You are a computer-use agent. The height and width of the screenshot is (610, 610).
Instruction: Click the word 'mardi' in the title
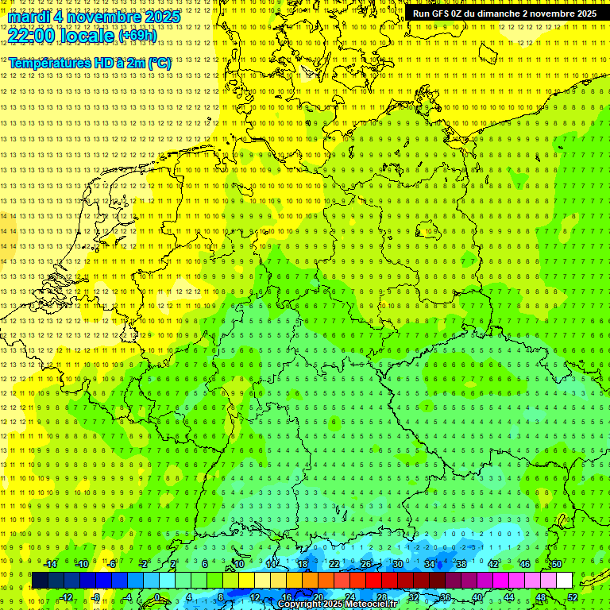coord(29,17)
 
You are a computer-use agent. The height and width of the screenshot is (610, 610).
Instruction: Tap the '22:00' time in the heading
coord(32,35)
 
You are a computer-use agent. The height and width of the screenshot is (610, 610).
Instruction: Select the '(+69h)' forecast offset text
coord(137,35)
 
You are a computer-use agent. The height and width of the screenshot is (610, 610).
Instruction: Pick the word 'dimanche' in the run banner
coord(498,14)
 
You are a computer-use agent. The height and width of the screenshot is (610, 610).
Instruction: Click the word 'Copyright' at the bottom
coord(300,604)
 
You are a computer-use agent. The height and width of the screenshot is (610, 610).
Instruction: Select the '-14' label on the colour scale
coord(50,564)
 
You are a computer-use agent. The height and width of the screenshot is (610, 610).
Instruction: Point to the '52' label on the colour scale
coord(573,597)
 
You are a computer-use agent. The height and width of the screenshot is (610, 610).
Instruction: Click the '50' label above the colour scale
coord(556,564)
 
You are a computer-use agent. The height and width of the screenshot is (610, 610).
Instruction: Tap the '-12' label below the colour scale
coord(66,597)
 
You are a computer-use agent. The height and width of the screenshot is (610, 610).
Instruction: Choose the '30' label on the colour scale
coord(397,564)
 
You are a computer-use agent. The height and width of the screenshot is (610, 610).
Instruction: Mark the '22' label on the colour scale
coord(334,564)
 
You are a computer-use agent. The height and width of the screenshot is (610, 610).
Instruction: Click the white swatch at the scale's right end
coord(564,581)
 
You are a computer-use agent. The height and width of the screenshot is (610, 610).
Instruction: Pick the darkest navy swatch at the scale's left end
coord(40,581)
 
